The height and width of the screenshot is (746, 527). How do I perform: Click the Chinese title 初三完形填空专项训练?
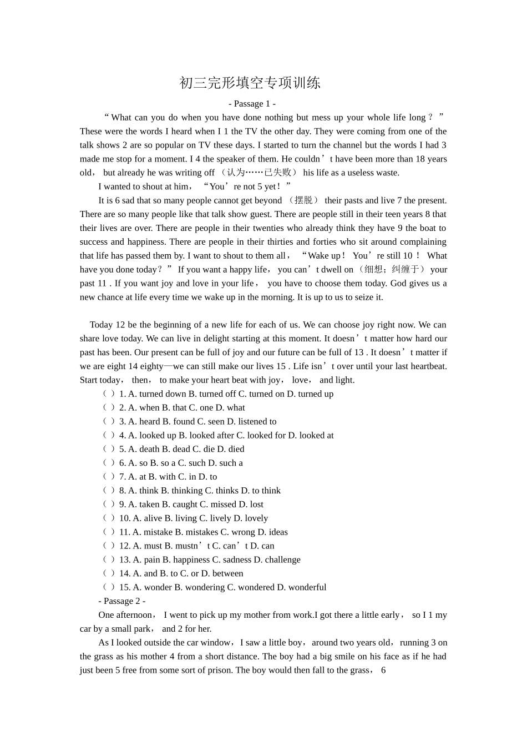(250, 83)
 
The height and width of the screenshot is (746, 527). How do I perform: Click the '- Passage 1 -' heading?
(252, 104)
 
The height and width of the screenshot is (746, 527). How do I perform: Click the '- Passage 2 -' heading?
(122, 601)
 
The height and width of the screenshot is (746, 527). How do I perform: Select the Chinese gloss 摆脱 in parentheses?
(303, 200)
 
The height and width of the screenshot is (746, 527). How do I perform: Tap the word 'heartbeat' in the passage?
(427, 366)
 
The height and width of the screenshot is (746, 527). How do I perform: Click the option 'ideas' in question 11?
(278, 532)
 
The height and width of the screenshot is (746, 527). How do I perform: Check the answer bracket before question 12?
(109, 546)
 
